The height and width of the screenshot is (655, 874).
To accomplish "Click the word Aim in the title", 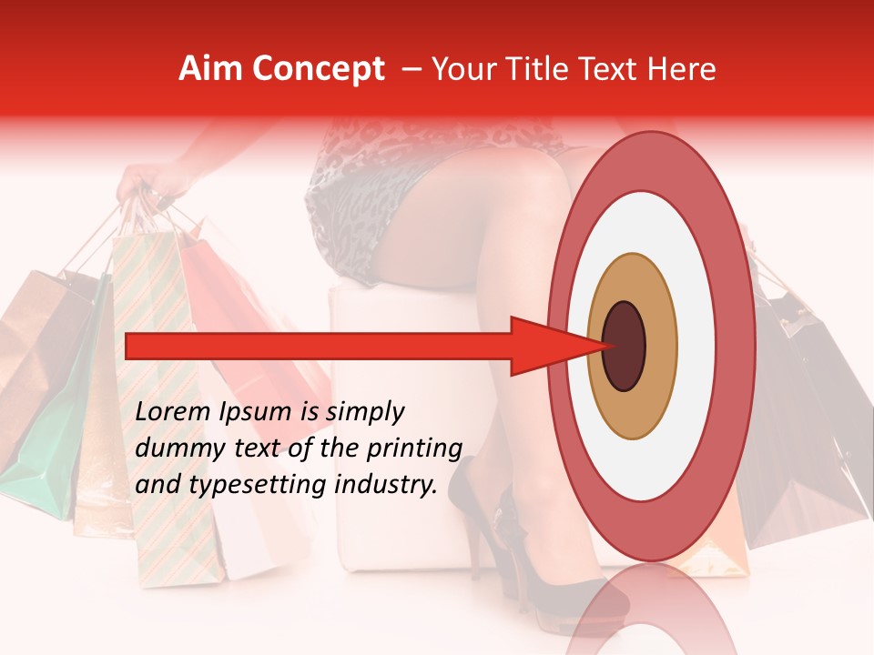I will pyautogui.click(x=211, y=69).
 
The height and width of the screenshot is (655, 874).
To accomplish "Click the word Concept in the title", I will pyautogui.click(x=318, y=69).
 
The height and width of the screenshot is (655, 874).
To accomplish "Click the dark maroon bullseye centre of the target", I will pyautogui.click(x=624, y=346).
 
